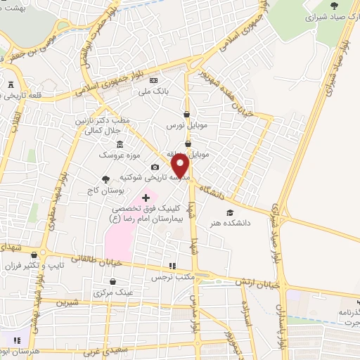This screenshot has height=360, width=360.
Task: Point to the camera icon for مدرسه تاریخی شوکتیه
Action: pyautogui.click(x=155, y=167)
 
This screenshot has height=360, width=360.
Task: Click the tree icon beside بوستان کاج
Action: pyautogui.click(x=105, y=179)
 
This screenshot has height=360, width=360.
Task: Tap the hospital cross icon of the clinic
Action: pyautogui.click(x=146, y=199)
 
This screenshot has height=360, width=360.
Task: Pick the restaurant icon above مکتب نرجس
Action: pyautogui.click(x=172, y=266)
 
